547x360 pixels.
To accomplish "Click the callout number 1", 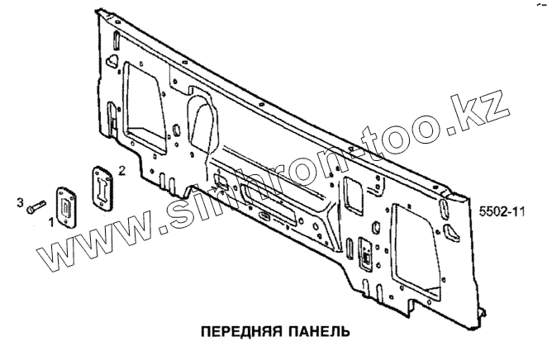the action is click(50, 221).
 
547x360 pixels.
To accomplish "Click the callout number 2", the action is click(122, 171).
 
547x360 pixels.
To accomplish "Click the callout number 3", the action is click(21, 201).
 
